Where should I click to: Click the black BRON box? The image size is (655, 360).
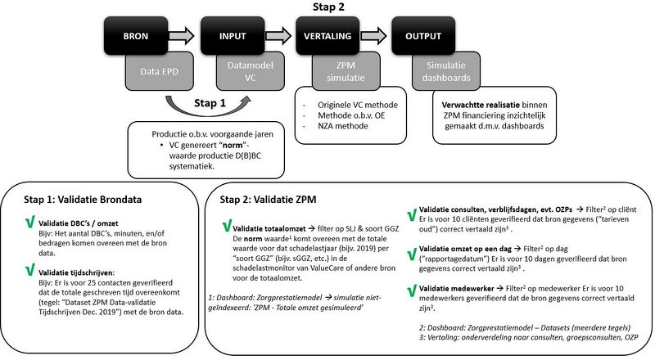coord(136,36)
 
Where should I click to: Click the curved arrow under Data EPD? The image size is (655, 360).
coord(205,103)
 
